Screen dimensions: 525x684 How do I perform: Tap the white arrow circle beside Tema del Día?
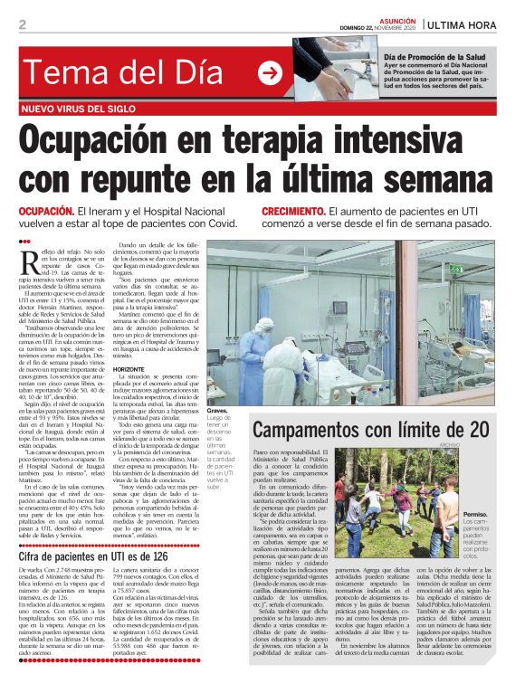pyautogui.click(x=269, y=72)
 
